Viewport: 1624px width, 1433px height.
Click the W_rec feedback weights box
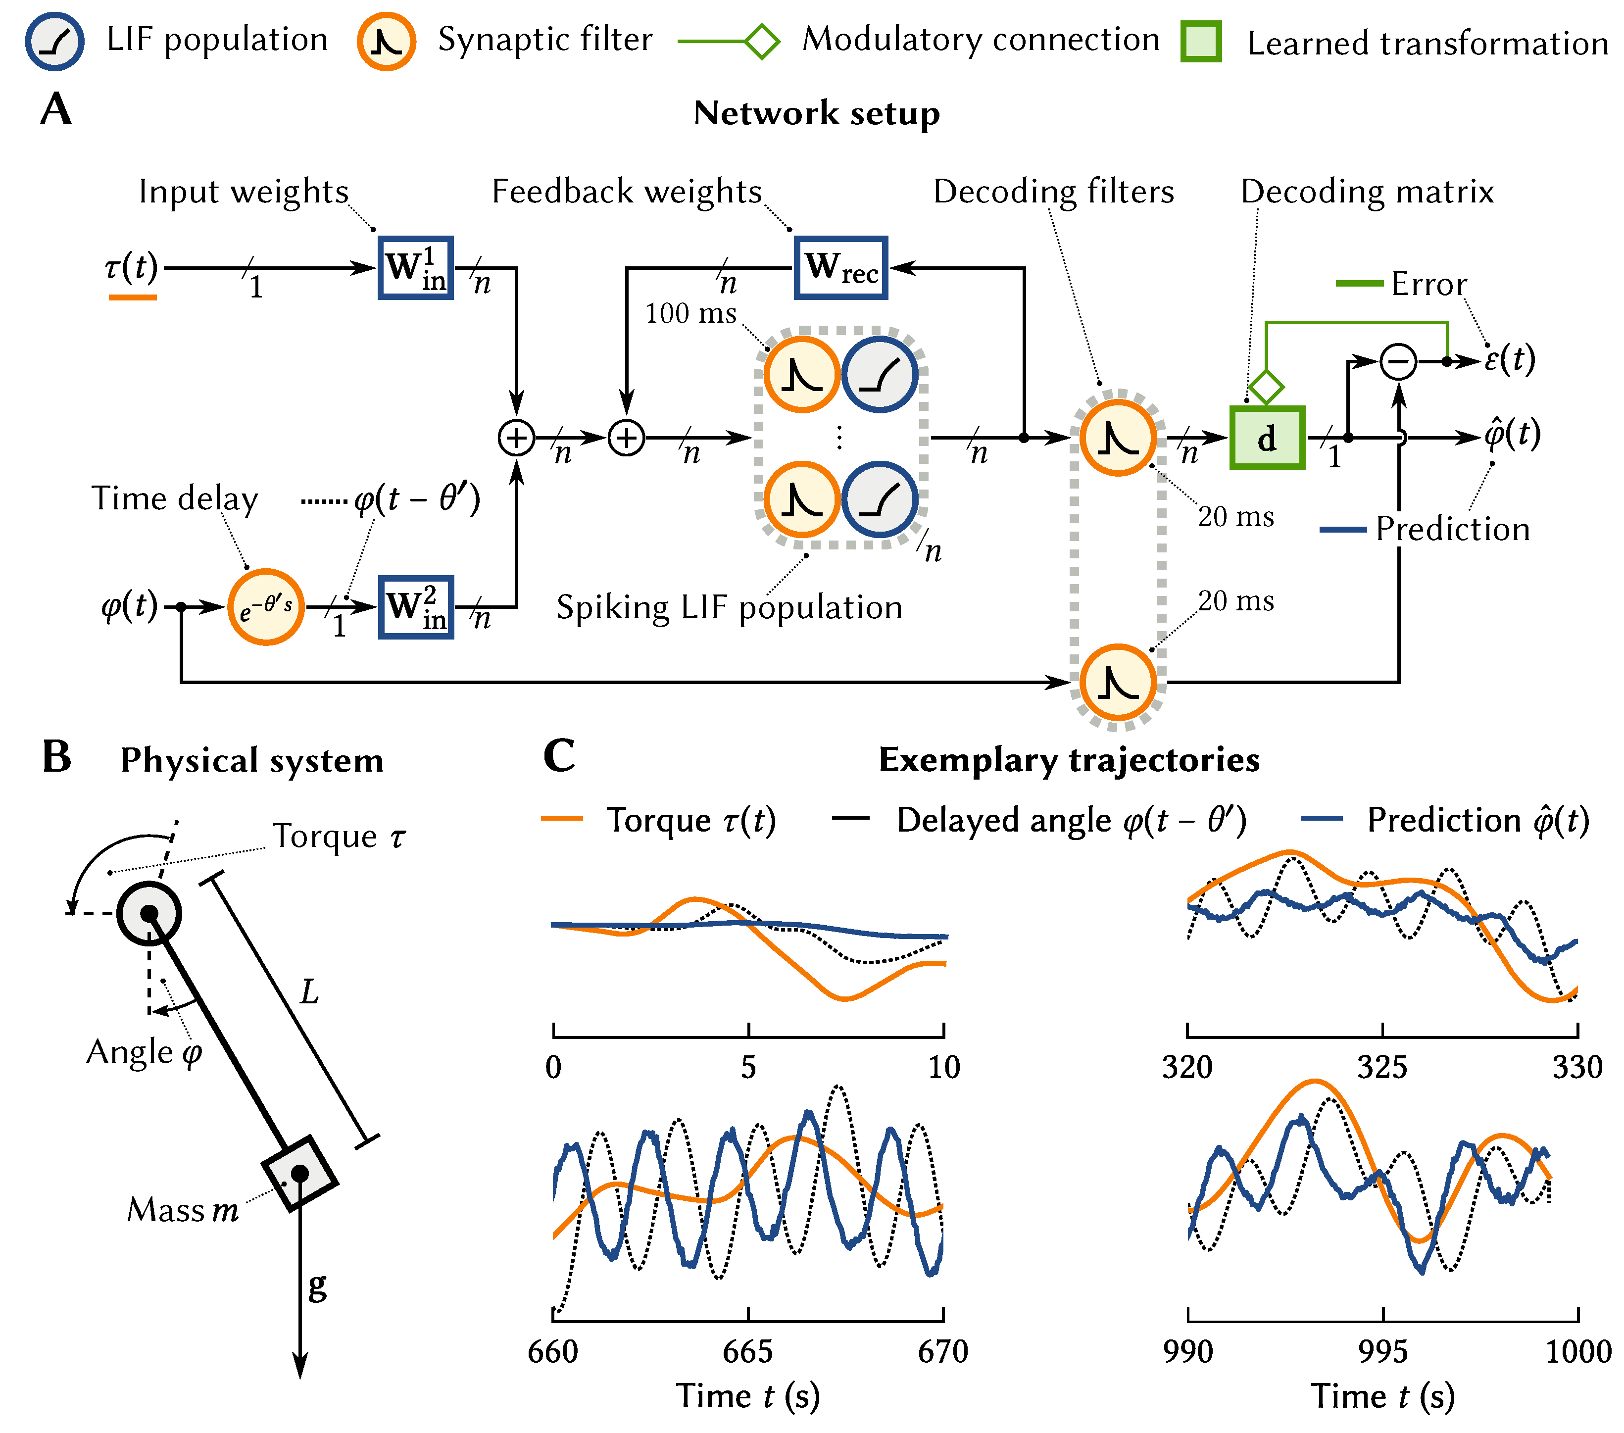pyautogui.click(x=840, y=268)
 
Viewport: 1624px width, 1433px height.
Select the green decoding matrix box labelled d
pyautogui.click(x=1267, y=438)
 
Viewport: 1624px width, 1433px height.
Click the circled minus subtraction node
pyautogui.click(x=1398, y=361)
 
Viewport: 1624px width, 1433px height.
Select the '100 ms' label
pyautogui.click(x=690, y=313)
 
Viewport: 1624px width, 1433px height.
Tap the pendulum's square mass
pyautogui.click(x=299, y=1173)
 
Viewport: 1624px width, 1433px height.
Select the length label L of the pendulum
pyautogui.click(x=309, y=991)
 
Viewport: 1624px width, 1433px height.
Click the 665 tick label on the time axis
pyautogui.click(x=747, y=1351)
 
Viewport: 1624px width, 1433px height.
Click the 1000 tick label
pyautogui.click(x=1577, y=1351)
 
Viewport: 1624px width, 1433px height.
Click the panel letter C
pyautogui.click(x=559, y=755)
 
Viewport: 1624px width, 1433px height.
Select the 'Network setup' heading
pyautogui.click(x=817, y=113)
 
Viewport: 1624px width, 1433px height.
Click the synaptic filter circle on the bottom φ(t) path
pyautogui.click(x=1117, y=682)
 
